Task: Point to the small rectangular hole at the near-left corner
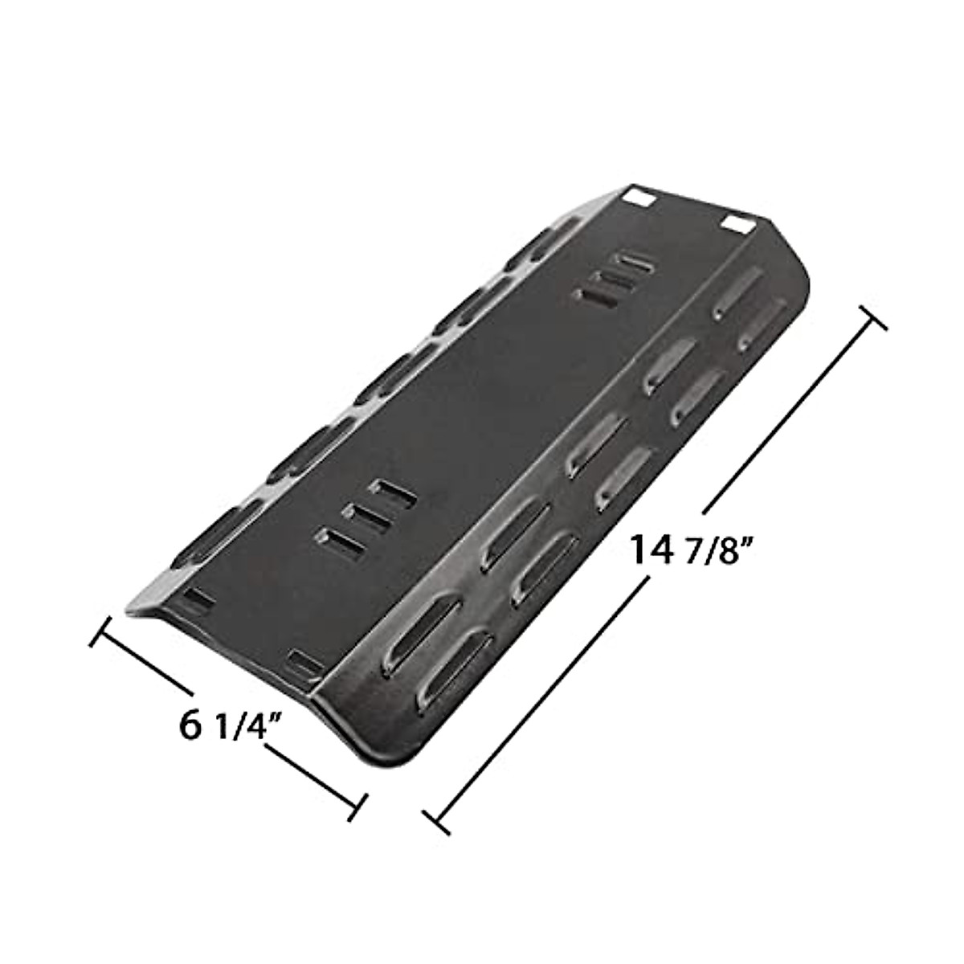(x=194, y=598)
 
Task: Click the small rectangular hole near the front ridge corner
(x=304, y=661)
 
